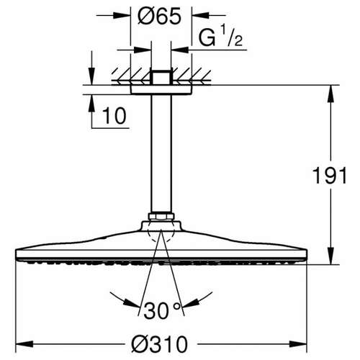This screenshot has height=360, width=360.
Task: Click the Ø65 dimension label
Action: (x=159, y=17)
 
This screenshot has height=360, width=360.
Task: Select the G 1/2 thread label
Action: (x=220, y=37)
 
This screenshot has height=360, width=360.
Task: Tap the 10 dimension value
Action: (x=114, y=116)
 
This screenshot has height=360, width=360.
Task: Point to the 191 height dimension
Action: (x=330, y=176)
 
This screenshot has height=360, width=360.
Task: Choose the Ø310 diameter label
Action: (x=159, y=344)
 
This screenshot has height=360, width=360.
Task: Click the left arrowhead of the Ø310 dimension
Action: (x=24, y=344)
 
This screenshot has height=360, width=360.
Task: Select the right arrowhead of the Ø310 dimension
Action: (x=299, y=344)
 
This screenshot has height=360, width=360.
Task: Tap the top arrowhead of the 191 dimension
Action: (x=330, y=94)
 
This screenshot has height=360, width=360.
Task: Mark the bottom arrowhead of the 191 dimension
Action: (x=330, y=256)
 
